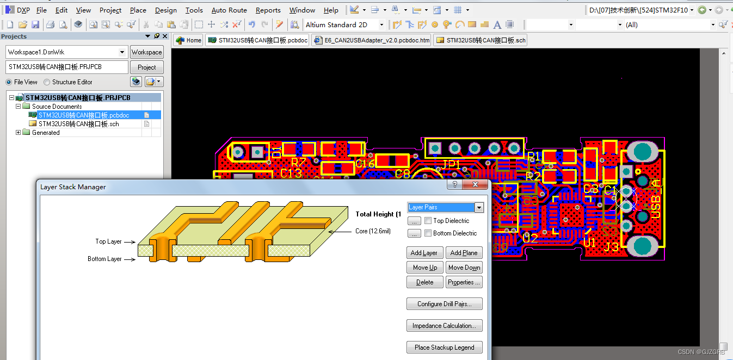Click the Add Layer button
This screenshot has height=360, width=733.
[424, 253]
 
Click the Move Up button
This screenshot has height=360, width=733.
[424, 268]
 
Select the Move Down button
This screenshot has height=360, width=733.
[464, 268]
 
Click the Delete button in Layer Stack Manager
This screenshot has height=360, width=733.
[424, 282]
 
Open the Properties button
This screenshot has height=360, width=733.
[464, 282]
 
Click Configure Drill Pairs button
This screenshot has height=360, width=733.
[444, 304]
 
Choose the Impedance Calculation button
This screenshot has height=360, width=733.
[444, 326]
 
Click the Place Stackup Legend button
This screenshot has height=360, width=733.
[444, 347]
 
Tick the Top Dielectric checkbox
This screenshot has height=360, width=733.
[428, 221]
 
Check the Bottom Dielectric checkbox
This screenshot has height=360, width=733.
[428, 233]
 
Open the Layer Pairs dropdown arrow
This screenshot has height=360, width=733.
[479, 208]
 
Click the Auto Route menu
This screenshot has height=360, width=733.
[229, 10]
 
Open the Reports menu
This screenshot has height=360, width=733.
[268, 10]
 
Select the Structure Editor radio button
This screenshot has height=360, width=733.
[47, 82]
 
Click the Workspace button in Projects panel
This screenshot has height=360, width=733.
[146, 52]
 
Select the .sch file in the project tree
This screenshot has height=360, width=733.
[78, 124]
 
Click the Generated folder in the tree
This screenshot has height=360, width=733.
[46, 133]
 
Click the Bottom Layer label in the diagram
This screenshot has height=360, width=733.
[104, 259]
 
